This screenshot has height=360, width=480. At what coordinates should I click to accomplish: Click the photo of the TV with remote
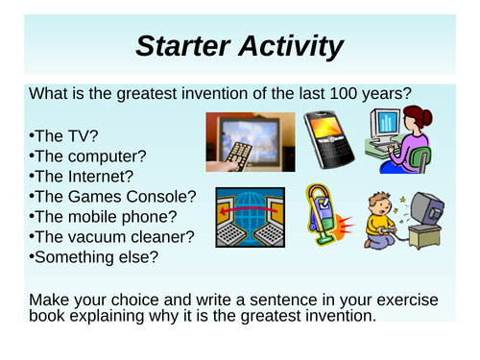click(243, 139)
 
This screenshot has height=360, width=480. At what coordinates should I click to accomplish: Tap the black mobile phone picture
click(323, 139)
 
